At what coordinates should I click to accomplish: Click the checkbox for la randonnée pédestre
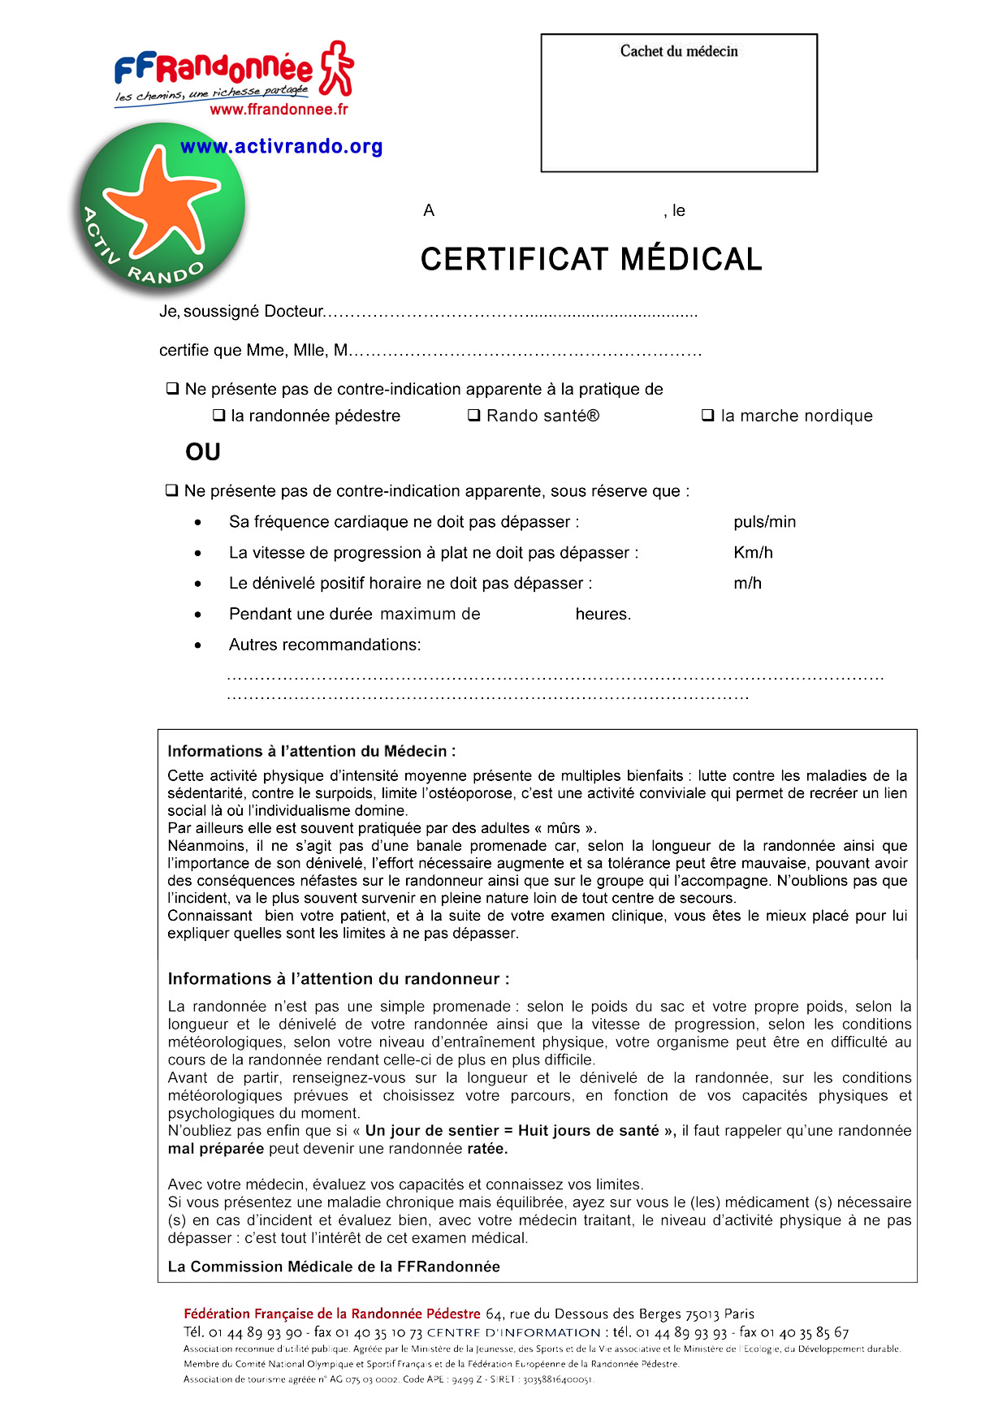pyautogui.click(x=218, y=416)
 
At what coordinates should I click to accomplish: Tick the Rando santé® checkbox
pyautogui.click(x=474, y=416)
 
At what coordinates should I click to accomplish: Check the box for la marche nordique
pyautogui.click(x=707, y=416)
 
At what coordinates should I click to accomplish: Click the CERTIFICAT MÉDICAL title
pyautogui.click(x=591, y=260)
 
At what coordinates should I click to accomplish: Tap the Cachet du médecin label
pyautogui.click(x=679, y=51)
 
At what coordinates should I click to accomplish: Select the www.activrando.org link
pyautogui.click(x=281, y=147)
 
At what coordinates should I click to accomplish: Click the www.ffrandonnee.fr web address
pyautogui.click(x=279, y=110)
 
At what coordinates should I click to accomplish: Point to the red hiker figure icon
pyautogui.click(x=335, y=68)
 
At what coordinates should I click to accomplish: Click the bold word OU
pyautogui.click(x=203, y=452)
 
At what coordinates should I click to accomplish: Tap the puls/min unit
pyautogui.click(x=764, y=522)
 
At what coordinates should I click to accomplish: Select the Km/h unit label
pyautogui.click(x=753, y=553)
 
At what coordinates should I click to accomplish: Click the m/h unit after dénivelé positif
pyautogui.click(x=747, y=584)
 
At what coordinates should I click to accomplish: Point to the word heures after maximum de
pyautogui.click(x=603, y=615)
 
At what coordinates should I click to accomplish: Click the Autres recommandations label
pyautogui.click(x=325, y=645)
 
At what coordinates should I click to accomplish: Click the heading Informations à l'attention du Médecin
pyautogui.click(x=312, y=752)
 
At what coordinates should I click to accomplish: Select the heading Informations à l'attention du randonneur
pyautogui.click(x=339, y=979)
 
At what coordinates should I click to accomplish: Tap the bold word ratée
pyautogui.click(x=487, y=1149)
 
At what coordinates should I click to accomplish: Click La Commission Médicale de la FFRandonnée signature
pyautogui.click(x=334, y=1266)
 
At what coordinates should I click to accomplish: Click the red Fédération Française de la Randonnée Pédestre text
pyautogui.click(x=332, y=1314)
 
